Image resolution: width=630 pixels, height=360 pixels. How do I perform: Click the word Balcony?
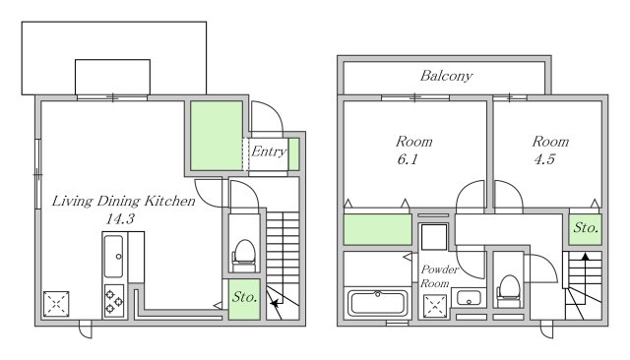click(446, 76)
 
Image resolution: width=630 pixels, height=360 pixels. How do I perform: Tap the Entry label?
click(269, 151)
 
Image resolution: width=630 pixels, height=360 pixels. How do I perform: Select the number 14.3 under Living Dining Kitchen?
click(120, 218)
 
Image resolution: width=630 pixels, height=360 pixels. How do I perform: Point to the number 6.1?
click(408, 159)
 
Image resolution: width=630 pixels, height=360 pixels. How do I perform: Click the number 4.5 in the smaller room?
click(544, 159)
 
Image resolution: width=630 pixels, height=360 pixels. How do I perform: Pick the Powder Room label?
click(439, 276)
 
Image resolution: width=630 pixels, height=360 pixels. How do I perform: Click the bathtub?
click(378, 303)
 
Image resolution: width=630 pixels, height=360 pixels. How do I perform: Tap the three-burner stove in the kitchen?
click(114, 301)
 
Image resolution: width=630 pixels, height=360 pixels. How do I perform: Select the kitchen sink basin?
click(114, 256)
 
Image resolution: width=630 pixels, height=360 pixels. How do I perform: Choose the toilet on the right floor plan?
click(509, 291)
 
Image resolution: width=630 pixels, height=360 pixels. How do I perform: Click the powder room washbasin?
click(469, 298)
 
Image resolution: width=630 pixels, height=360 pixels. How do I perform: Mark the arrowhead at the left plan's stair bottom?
click(274, 304)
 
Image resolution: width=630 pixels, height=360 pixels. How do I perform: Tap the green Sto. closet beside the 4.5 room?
click(585, 229)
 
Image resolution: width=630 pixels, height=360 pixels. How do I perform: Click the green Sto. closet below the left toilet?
click(244, 299)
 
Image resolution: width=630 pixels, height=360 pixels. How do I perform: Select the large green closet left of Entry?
click(217, 136)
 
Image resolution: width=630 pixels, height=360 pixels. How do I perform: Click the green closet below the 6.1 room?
click(378, 229)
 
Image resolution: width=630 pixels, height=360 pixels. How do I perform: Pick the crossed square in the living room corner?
click(56, 304)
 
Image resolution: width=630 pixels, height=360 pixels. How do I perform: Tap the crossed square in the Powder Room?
click(435, 306)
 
